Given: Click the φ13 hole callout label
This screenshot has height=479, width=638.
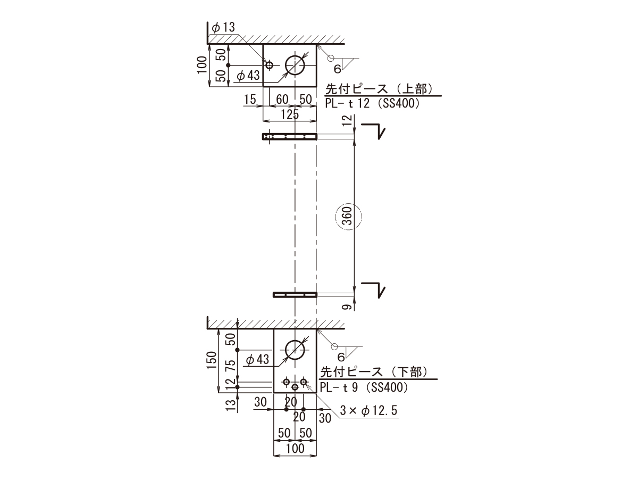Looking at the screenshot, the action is [223, 28].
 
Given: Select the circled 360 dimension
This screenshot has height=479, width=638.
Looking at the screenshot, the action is [349, 217].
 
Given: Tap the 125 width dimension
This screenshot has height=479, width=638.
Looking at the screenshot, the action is [290, 114].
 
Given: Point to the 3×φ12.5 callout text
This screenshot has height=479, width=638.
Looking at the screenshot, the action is [368, 411].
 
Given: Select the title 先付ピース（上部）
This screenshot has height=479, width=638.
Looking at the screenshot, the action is [379, 89].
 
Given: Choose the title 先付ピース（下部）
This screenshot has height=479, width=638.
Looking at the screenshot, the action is [374, 373].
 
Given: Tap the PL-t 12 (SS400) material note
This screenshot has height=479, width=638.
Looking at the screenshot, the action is [372, 103].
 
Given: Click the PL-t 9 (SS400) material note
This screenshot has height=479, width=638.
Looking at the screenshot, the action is [364, 387].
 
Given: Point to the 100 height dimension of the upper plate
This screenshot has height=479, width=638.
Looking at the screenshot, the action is [202, 65].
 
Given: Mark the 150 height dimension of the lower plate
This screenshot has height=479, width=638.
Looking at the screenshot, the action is [212, 360].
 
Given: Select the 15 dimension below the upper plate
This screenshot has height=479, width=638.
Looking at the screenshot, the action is [250, 100].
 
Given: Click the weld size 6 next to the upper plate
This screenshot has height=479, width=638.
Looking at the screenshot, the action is [337, 69].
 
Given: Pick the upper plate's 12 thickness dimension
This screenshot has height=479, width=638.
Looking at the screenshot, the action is [347, 120].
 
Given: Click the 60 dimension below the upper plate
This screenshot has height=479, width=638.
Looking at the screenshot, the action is [282, 100].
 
